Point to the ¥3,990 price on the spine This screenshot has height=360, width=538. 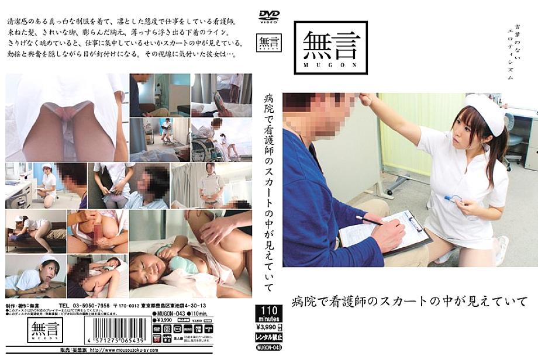click(267, 326)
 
